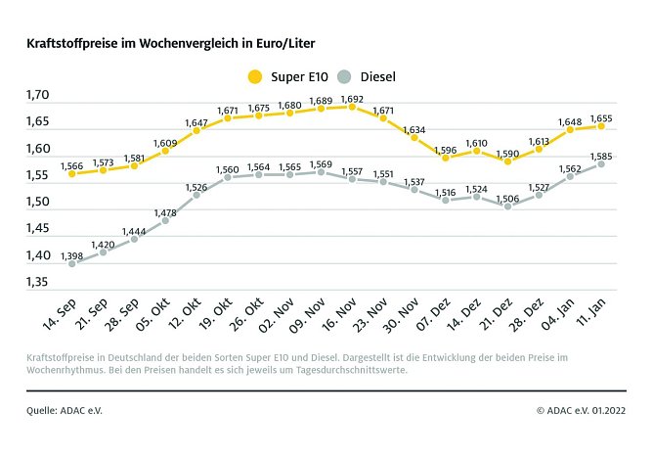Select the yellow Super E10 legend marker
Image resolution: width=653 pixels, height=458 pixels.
click(256, 76)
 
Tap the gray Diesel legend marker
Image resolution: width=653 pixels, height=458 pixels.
click(344, 76)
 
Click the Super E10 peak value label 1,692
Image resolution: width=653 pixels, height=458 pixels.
click(352, 98)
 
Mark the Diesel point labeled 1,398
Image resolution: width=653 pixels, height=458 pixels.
click(72, 263)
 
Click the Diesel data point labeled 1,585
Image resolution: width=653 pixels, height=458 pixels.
click(601, 163)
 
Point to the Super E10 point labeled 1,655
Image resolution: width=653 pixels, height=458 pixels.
click(601, 126)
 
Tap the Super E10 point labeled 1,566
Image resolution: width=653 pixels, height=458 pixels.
click(72, 174)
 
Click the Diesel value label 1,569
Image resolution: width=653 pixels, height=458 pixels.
click(321, 163)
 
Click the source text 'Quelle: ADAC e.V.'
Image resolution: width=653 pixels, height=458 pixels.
click(65, 410)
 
